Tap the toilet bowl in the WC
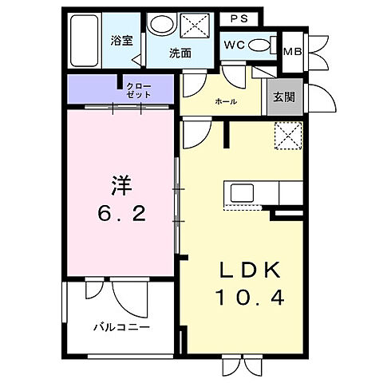pos(260,46)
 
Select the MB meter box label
pos(294,50)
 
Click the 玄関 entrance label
pos(285,97)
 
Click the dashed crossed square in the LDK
pos(286,135)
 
